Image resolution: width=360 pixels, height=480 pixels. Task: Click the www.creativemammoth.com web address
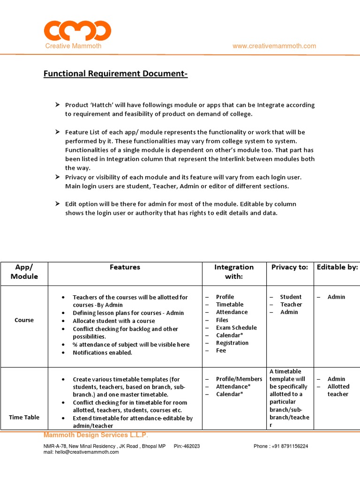[x=274, y=46]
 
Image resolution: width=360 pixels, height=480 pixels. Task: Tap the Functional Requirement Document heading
[x=115, y=74]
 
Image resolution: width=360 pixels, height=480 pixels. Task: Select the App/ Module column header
[x=24, y=271]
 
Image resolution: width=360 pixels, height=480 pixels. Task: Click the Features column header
[x=125, y=267]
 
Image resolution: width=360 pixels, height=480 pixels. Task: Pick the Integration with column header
[x=234, y=271]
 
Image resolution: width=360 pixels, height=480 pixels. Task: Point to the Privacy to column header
[x=290, y=267]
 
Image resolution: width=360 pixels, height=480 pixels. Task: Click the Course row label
[x=24, y=320]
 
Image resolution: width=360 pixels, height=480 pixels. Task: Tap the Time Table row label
[x=24, y=417]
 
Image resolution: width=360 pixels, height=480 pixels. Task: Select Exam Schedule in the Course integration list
[x=236, y=328]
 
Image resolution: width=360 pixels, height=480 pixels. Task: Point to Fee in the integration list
[x=221, y=350]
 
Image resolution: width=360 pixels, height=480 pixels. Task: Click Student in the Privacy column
[x=291, y=297]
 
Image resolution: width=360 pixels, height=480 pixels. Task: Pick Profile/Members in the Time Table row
[x=239, y=379]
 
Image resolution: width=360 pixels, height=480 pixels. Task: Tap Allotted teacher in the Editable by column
[x=338, y=390]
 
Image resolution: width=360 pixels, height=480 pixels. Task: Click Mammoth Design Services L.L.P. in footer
[x=96, y=435]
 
